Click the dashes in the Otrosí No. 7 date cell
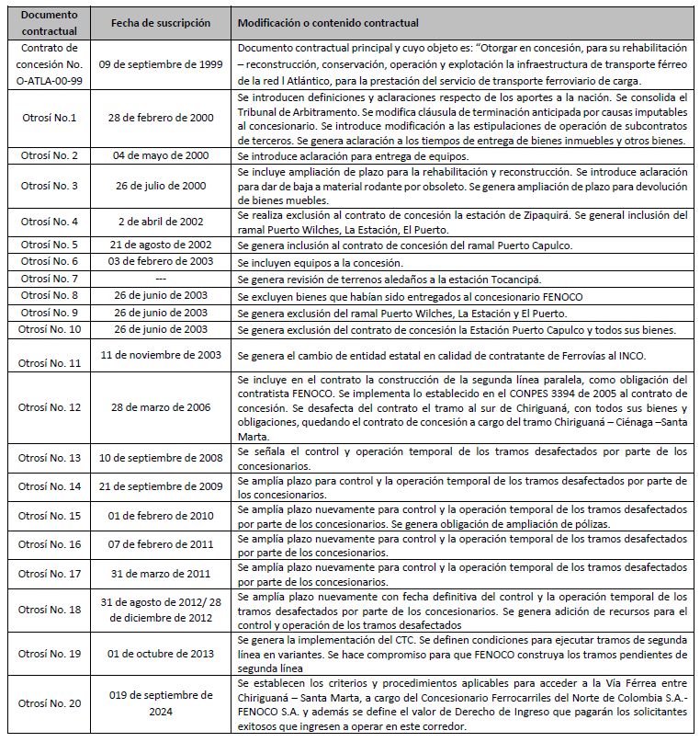pos(162,279)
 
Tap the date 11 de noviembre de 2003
pos(162,354)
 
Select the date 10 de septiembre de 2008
pos(163,458)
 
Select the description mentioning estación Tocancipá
pos(388,279)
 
